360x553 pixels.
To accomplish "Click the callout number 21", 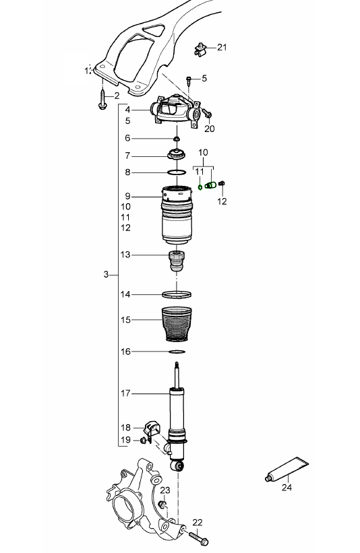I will (222, 47).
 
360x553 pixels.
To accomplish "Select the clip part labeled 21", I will (200, 48).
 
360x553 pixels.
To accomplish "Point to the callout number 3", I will (107, 275).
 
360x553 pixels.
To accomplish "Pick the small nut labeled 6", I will (177, 139).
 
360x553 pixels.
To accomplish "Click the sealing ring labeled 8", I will (177, 172).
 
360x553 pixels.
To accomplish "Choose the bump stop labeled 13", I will (176, 261).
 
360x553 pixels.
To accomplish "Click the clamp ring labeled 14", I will (177, 294).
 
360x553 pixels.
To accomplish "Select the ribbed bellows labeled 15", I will (177, 325).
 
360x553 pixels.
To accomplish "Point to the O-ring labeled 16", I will (177, 352).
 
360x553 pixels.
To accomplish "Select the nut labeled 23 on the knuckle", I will (162, 505).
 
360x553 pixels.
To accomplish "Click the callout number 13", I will (126, 255).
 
